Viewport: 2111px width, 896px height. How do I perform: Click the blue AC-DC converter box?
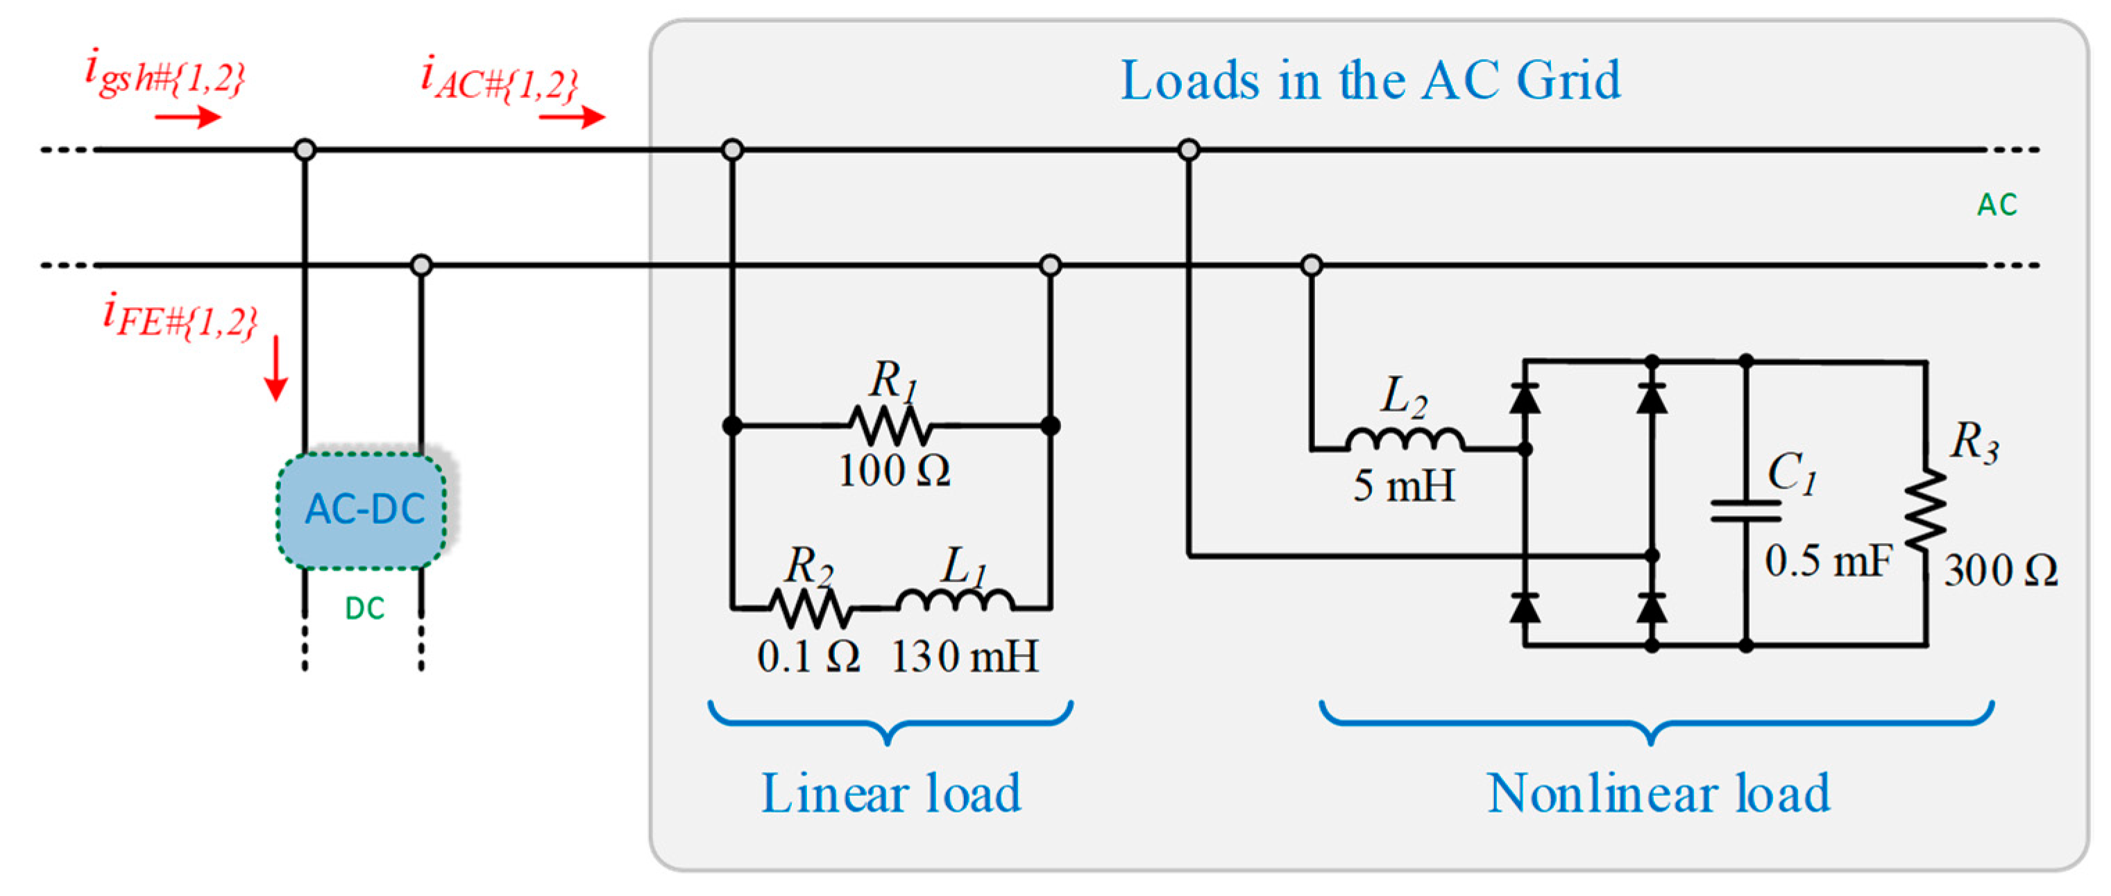362,510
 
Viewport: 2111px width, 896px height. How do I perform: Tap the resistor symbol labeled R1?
890,426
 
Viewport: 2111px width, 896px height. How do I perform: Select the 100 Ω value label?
893,472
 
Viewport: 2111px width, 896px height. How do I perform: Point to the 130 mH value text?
965,657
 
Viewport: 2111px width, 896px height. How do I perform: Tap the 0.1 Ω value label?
808,657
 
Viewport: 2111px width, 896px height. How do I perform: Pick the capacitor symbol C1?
1745,511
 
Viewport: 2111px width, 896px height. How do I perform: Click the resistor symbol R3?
1925,510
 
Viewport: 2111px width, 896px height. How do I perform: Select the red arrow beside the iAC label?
572,118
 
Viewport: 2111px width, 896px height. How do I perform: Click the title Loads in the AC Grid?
1369,81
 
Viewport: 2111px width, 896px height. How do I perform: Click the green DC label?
365,608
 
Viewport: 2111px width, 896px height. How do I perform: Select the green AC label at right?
1996,205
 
